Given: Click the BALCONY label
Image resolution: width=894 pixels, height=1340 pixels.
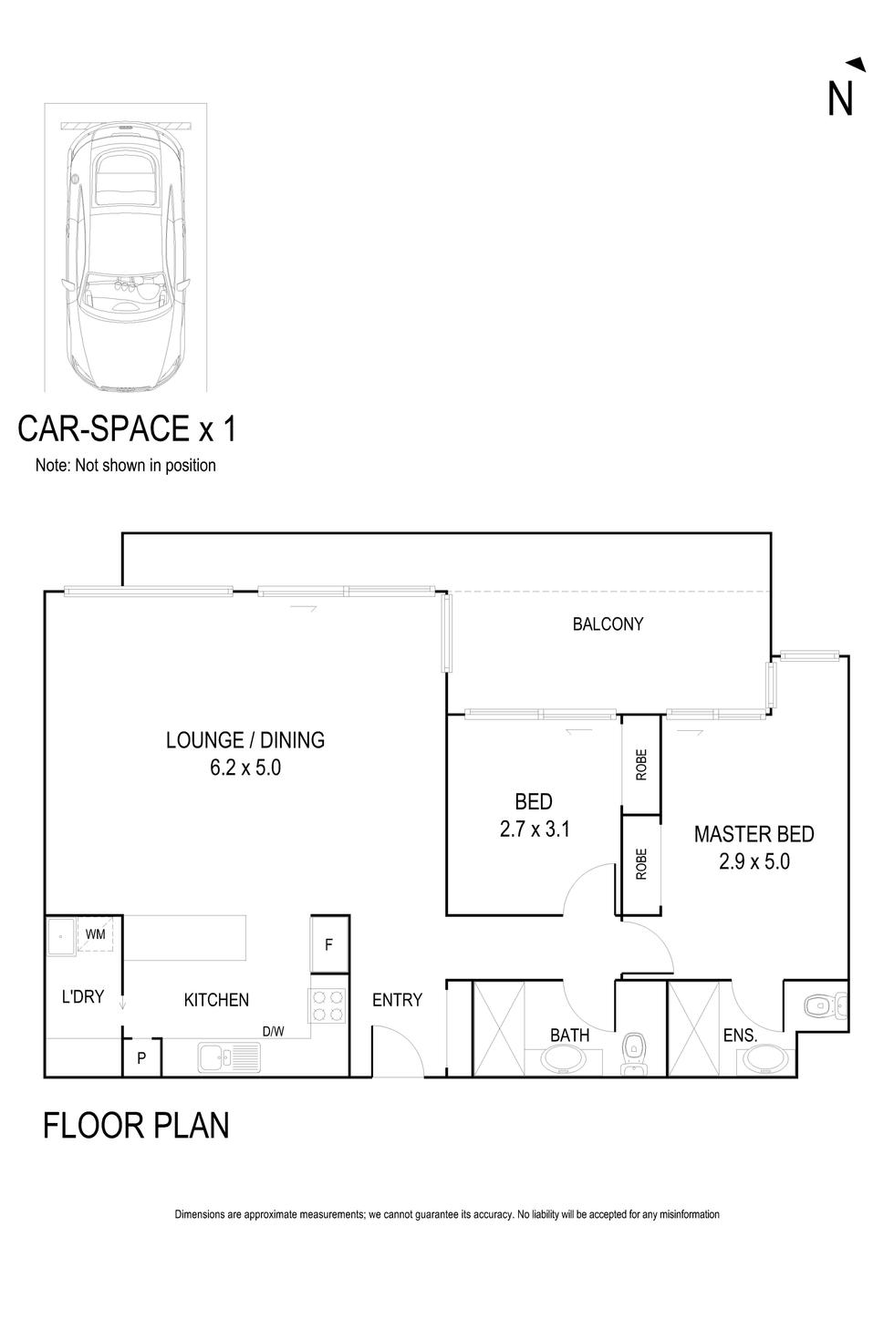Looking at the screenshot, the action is click(608, 624).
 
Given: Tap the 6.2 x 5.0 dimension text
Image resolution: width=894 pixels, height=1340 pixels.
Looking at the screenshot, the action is click(245, 768).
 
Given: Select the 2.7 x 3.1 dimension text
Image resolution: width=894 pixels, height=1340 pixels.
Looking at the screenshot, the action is click(535, 830).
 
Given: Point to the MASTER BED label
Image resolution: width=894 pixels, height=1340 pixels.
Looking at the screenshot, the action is click(754, 834).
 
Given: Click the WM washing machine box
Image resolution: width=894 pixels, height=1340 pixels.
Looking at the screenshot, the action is click(95, 933).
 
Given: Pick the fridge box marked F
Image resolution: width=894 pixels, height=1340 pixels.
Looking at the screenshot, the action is click(328, 944).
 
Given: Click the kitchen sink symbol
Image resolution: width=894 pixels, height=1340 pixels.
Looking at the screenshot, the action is click(229, 1057).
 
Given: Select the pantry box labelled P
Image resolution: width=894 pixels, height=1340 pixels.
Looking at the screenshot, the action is click(142, 1057).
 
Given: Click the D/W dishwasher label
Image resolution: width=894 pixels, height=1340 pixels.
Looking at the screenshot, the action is click(273, 1031).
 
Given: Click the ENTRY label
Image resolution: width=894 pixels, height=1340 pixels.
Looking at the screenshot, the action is click(397, 1000).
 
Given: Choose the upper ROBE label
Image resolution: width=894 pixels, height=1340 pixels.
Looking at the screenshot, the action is click(641, 765).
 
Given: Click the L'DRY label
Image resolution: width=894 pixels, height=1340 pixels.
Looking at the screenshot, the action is click(83, 996).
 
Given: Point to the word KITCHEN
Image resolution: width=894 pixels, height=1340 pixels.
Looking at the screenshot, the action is click(216, 1000).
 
